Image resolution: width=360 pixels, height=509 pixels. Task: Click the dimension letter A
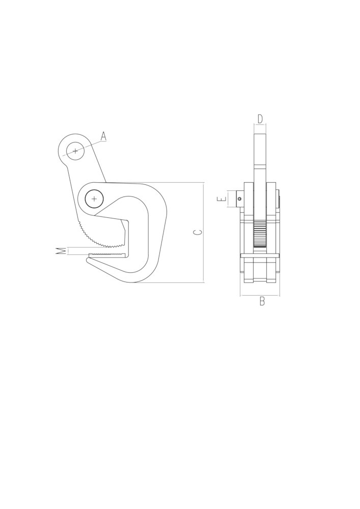[103, 136]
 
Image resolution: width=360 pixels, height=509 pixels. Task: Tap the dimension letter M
[61, 250]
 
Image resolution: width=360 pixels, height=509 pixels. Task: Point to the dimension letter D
[260, 119]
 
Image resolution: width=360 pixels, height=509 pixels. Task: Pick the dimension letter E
[221, 199]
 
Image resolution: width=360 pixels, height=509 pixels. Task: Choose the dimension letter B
[262, 301]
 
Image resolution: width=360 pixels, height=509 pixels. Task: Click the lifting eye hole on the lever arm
[75, 151]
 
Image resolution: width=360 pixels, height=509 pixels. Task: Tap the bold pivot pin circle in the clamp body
[94, 199]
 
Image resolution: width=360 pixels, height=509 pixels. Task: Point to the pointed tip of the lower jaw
[88, 260]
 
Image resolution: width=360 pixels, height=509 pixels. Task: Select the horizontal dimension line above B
[260, 295]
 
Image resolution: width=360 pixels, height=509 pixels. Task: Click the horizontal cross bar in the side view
[260, 255]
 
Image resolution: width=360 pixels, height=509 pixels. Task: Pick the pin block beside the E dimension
[240, 199]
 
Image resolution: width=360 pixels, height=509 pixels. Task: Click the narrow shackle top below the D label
[260, 148]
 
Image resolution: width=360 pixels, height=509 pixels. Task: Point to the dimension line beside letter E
[228, 199]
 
